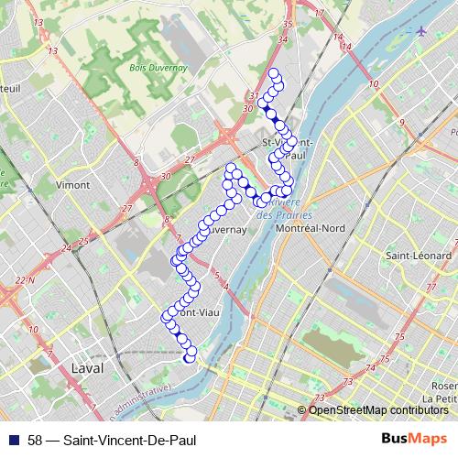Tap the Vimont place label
(72, 184)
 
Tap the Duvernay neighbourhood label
(226, 231)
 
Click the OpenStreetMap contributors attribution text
(378, 410)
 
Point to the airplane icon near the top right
(420, 31)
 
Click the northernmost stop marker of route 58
(273, 72)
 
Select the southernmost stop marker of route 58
(190, 359)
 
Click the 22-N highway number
(24, 279)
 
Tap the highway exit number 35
(287, 24)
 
